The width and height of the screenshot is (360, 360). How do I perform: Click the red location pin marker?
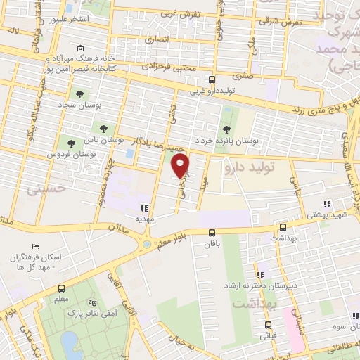(181, 166)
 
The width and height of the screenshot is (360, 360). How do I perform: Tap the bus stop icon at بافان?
(212, 233)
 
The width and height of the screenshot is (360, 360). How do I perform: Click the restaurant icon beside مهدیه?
(145, 208)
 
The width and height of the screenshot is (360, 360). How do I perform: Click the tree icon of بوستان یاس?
(104, 129)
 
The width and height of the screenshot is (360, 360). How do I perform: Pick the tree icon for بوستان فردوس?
(69, 143)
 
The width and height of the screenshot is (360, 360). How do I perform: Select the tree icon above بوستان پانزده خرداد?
(226, 129)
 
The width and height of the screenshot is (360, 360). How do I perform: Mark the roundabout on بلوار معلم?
(147, 244)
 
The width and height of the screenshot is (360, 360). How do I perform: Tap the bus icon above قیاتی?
(268, 325)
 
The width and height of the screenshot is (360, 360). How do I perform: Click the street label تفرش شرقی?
(280, 22)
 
